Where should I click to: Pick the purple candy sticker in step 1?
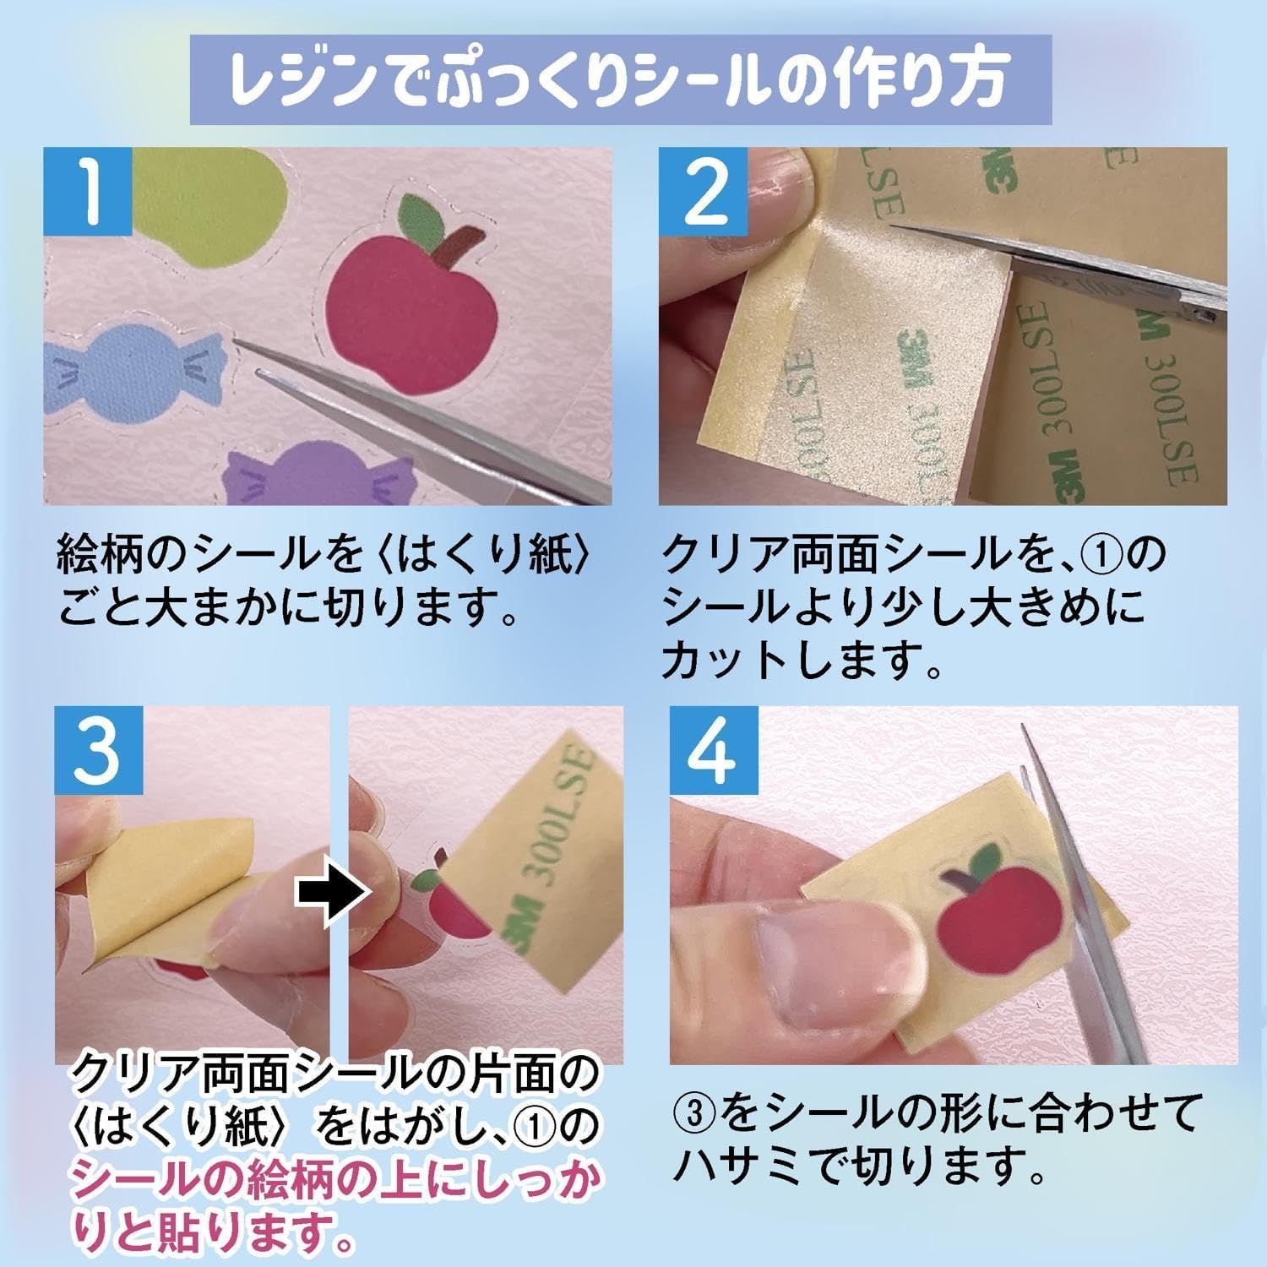[x=309, y=477]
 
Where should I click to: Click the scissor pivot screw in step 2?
[x=1203, y=315]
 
